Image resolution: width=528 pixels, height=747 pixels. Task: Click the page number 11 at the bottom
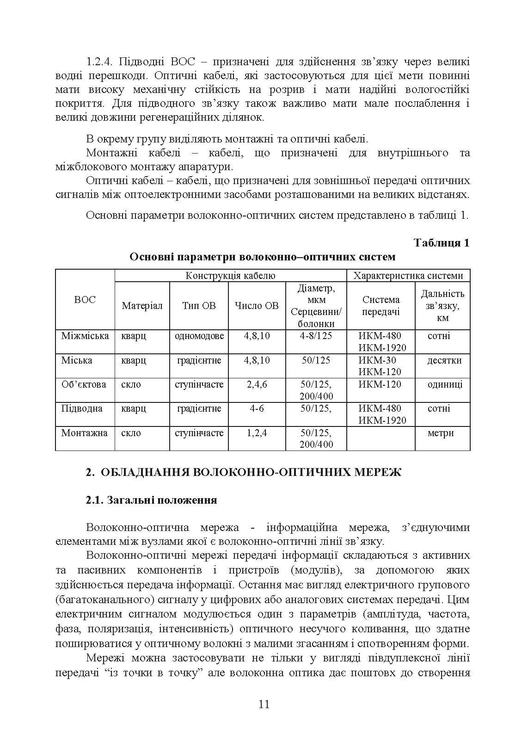pyautogui.click(x=264, y=704)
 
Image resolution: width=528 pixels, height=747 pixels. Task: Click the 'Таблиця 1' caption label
pyautogui.click(x=442, y=243)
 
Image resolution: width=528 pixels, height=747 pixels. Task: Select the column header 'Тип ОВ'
pyautogui.click(x=199, y=306)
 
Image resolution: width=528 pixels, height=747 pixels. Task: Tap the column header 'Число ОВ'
pyautogui.click(x=257, y=306)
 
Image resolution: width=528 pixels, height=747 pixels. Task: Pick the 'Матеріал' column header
pyautogui.click(x=142, y=306)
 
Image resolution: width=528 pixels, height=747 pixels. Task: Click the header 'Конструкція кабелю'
pyautogui.click(x=230, y=276)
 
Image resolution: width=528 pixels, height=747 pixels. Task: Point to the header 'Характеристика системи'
pyautogui.click(x=408, y=276)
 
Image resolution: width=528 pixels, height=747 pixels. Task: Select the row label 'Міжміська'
pyautogui.click(x=85, y=336)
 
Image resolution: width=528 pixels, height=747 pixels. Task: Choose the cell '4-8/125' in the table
pyautogui.click(x=316, y=336)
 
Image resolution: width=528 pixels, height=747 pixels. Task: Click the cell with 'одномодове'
pyautogui.click(x=199, y=336)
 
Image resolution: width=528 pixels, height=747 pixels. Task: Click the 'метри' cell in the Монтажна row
pyautogui.click(x=441, y=433)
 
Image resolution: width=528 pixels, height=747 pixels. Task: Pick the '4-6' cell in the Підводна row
pyautogui.click(x=257, y=408)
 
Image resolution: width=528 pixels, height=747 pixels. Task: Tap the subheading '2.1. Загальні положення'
pyautogui.click(x=152, y=500)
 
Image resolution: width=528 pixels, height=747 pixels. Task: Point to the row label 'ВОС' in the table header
pyautogui.click(x=85, y=300)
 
